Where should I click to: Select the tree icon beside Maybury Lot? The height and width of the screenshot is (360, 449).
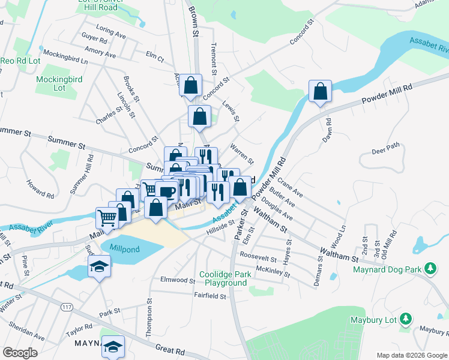(x=406, y=319)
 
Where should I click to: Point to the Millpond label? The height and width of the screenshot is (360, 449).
(x=124, y=247)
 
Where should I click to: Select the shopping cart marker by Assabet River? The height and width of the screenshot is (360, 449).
(x=107, y=217)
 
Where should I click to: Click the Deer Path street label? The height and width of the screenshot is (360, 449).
(x=385, y=148)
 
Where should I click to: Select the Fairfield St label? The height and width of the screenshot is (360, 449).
(x=209, y=295)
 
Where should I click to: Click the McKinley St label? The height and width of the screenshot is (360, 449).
(x=273, y=272)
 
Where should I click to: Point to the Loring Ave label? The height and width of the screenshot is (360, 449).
(x=110, y=32)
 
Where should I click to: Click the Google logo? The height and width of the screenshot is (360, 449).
(x=20, y=353)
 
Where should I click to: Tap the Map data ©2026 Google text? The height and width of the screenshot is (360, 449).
(x=411, y=355)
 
